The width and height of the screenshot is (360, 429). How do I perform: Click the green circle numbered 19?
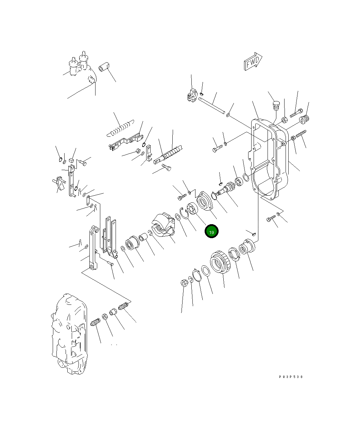coord(211,231)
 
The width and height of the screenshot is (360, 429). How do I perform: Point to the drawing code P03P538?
coord(291,377)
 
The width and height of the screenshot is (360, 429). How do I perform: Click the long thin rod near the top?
coord(211,105)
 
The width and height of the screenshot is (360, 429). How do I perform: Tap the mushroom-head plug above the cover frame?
coord(276,105)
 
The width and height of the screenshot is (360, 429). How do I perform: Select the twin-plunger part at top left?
coord(78,65)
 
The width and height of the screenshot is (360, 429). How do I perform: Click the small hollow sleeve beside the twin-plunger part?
coord(103,67)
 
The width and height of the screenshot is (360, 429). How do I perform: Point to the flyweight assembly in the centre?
coord(162,225)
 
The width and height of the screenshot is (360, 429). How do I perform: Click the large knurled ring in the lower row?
coord(220,262)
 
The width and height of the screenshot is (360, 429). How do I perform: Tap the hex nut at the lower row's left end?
coord(184,283)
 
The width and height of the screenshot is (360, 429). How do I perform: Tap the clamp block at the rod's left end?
coord(192,95)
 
